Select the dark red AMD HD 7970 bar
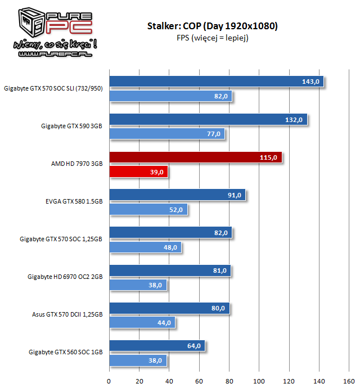pyautogui.click(x=195, y=158)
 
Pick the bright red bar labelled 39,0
pyautogui.click(x=138, y=172)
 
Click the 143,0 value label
pyautogui.click(x=311, y=82)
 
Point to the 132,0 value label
pyautogui.click(x=296, y=120)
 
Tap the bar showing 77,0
pyautogui.click(x=166, y=134)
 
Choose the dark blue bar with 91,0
pyautogui.click(x=177, y=196)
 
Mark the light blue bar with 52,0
pyautogui.click(x=148, y=210)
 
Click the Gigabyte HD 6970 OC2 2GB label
pyautogui.click(x=65, y=277)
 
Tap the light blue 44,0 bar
pyautogui.click(x=142, y=323)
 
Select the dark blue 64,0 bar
pyautogui.click(x=157, y=346)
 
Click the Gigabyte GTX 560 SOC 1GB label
pyautogui.click(x=65, y=353)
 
